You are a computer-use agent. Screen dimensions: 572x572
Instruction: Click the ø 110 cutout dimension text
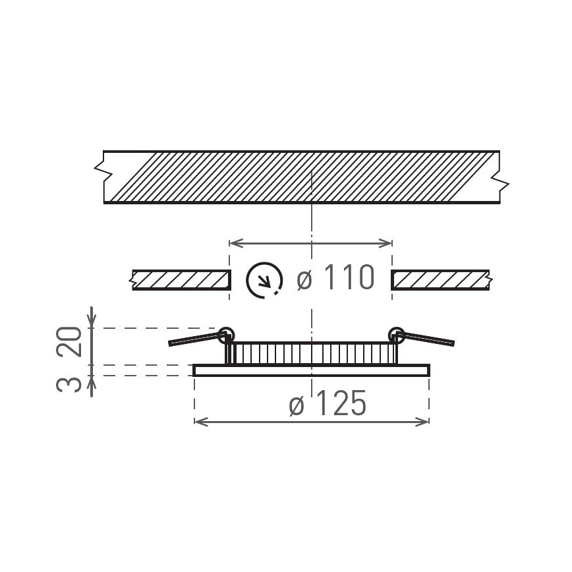pos(336,279)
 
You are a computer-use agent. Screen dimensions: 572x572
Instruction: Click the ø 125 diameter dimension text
pos(328,405)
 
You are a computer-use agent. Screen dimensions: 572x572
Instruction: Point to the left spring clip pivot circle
pos(226,334)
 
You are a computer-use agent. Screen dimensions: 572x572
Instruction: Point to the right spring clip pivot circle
pos(397,334)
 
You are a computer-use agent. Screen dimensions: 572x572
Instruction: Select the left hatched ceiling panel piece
pos(181,280)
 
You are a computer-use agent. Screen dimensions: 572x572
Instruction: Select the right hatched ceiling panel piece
pos(440,280)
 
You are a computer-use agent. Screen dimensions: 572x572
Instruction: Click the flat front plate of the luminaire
pos(311,370)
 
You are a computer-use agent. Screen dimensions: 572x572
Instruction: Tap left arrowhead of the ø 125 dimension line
pos(199,421)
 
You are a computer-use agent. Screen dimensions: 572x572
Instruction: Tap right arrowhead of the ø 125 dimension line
pos(424,421)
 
